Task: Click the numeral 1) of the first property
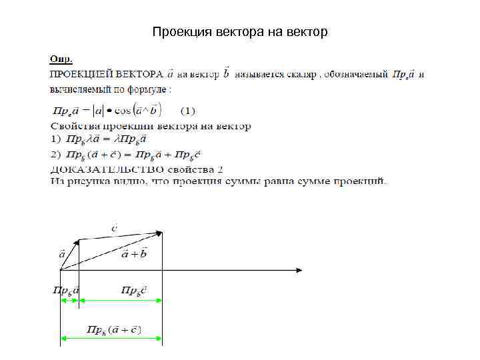[55, 139]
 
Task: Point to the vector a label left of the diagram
[62, 254]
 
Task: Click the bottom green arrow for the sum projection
[111, 339]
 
